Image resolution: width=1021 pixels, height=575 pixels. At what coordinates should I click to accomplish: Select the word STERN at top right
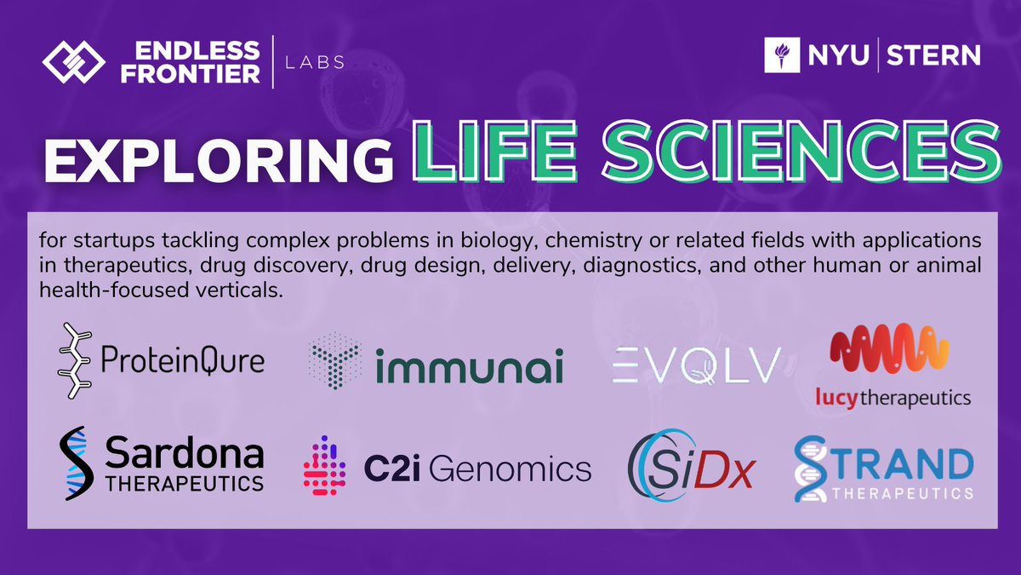(934, 56)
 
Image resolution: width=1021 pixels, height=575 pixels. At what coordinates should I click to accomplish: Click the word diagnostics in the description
(651, 265)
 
